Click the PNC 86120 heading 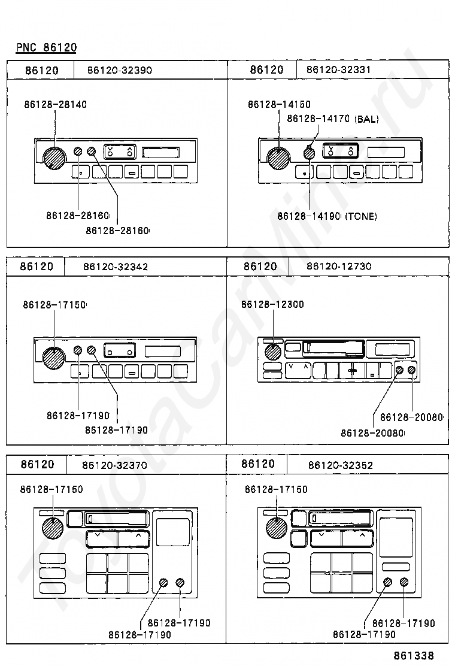(x=46, y=47)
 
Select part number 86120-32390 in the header (x=120, y=70)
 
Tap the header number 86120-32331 (x=339, y=69)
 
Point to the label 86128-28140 (x=56, y=104)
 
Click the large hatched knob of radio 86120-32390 (x=54, y=159)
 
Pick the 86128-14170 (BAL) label (x=333, y=119)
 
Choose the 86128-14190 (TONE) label (x=327, y=216)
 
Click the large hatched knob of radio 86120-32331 (x=278, y=159)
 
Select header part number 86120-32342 (x=116, y=267)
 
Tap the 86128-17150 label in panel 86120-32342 (x=54, y=304)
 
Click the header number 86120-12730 (x=339, y=267)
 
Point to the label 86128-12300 (x=272, y=304)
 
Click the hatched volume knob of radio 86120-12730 (x=273, y=352)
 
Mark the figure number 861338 (x=414, y=655)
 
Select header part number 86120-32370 (x=114, y=465)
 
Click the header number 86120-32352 (x=341, y=465)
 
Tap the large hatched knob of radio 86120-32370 (x=53, y=529)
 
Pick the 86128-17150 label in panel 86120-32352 (x=277, y=489)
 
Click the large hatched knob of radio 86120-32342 (x=54, y=358)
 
